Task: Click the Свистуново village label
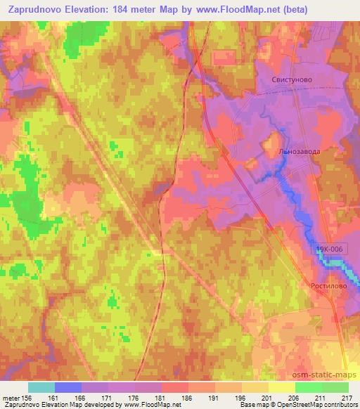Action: point(292,81)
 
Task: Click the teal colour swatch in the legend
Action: point(41,387)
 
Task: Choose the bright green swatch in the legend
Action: point(308,387)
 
